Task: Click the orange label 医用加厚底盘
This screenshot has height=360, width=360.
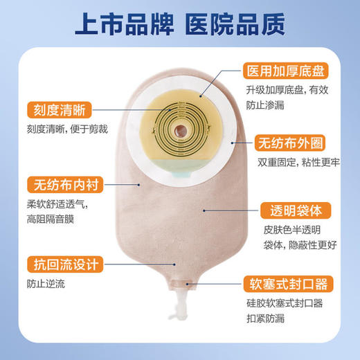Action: (x=285, y=71)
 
